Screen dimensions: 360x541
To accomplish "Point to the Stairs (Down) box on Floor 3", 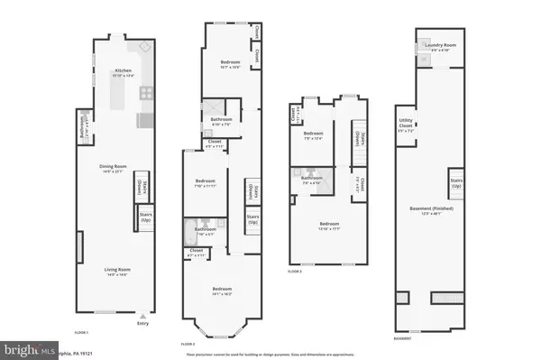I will [x=358, y=140].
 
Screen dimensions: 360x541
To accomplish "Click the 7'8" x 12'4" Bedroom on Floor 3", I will [x=313, y=136].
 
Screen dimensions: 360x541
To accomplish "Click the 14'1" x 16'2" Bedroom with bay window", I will [x=222, y=291].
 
